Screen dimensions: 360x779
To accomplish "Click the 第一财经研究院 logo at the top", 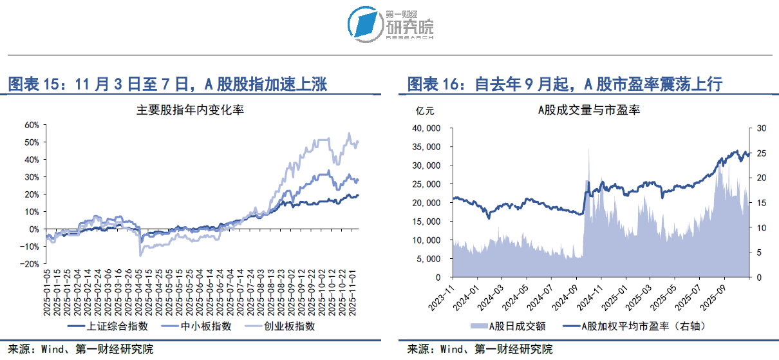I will point(390,24).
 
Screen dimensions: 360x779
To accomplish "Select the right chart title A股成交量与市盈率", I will point(588,110).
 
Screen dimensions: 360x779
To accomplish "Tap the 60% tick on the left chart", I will point(31,124).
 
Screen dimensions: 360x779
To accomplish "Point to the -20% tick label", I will point(30,264).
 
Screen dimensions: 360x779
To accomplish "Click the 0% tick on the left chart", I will point(33,229).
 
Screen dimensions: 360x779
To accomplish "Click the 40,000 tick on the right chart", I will point(425,128).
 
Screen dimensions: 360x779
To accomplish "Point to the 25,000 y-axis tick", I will point(425,184).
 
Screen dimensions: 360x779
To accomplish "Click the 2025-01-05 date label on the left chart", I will point(46,290).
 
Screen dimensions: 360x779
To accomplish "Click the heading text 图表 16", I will point(436,84).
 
